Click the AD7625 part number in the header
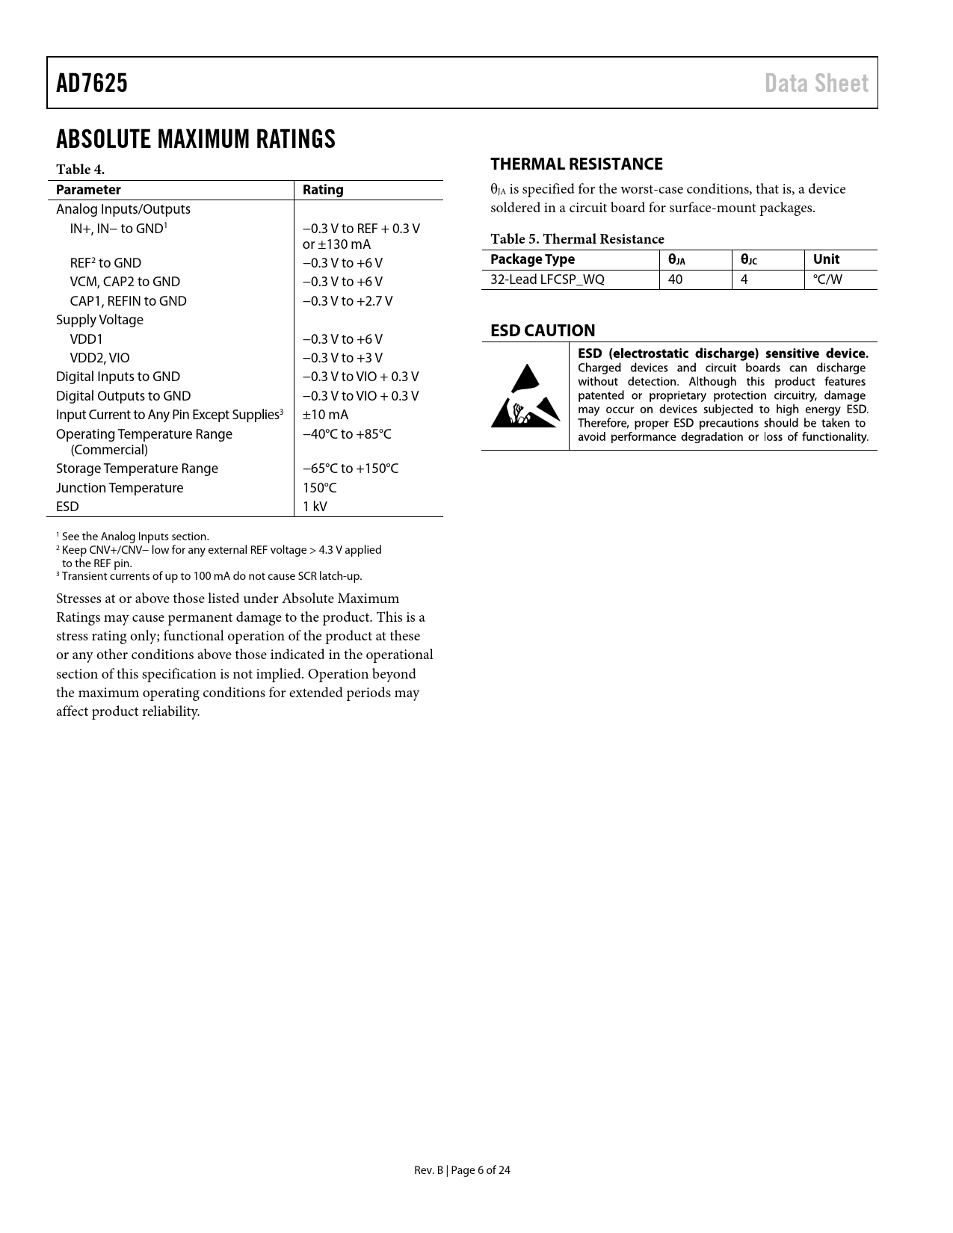tap(92, 83)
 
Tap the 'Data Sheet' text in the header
tap(816, 83)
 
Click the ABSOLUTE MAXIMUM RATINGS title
tap(196, 140)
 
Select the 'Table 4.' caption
tap(80, 170)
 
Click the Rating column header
tap(323, 190)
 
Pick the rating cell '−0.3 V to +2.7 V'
tap(347, 301)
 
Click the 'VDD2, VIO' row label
tap(99, 358)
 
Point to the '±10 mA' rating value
tap(325, 415)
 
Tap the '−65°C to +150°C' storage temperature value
tap(350, 469)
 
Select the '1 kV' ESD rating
tap(315, 507)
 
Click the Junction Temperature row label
tap(120, 488)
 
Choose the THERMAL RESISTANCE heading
tap(576, 164)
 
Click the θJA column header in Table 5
tap(676, 260)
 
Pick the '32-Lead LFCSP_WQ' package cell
tap(547, 279)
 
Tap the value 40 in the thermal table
tap(675, 279)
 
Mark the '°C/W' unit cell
tap(827, 279)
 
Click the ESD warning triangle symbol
tap(525, 396)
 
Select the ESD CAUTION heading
tap(543, 330)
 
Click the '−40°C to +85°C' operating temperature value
tap(347, 434)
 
